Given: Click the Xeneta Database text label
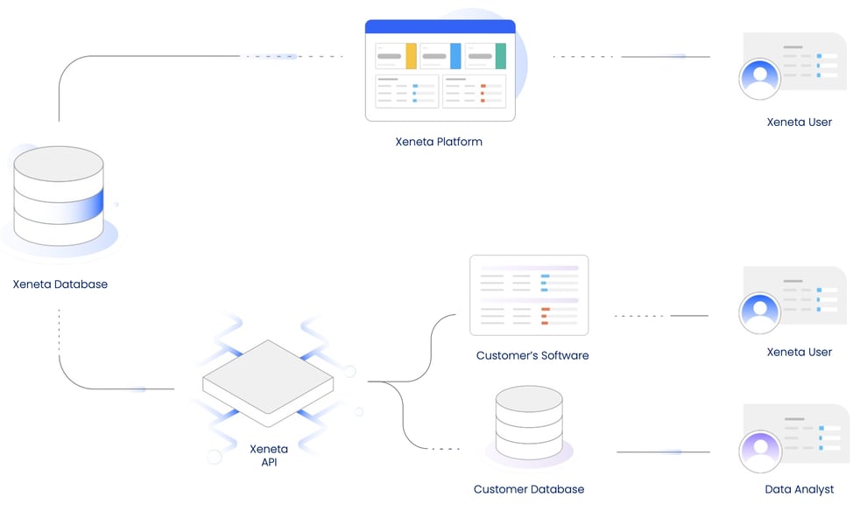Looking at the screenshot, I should coord(60,284).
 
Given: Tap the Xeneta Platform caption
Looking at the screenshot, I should coord(439,141).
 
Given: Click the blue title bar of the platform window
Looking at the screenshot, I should coord(440,27).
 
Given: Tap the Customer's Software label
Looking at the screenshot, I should coord(532,355).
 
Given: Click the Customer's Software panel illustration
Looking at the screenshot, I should coord(529,296).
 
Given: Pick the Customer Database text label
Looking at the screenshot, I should coord(529,489).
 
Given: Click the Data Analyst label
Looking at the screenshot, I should coord(799,489).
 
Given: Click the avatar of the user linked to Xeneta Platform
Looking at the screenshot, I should coord(759,80).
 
